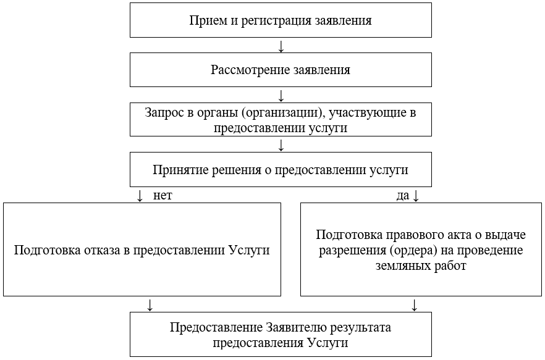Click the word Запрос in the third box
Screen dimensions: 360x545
[x=162, y=113]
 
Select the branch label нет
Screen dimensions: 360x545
[x=162, y=195]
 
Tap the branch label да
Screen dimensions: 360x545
[x=403, y=196]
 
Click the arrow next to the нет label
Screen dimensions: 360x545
[x=140, y=196]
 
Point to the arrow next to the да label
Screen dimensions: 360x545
[x=415, y=196]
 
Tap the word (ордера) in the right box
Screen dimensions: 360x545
[x=400, y=251]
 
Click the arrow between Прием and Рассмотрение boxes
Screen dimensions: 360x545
[x=281, y=46]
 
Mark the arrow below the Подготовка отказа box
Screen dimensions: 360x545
[x=149, y=304]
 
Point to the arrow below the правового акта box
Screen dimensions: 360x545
[x=415, y=304]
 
